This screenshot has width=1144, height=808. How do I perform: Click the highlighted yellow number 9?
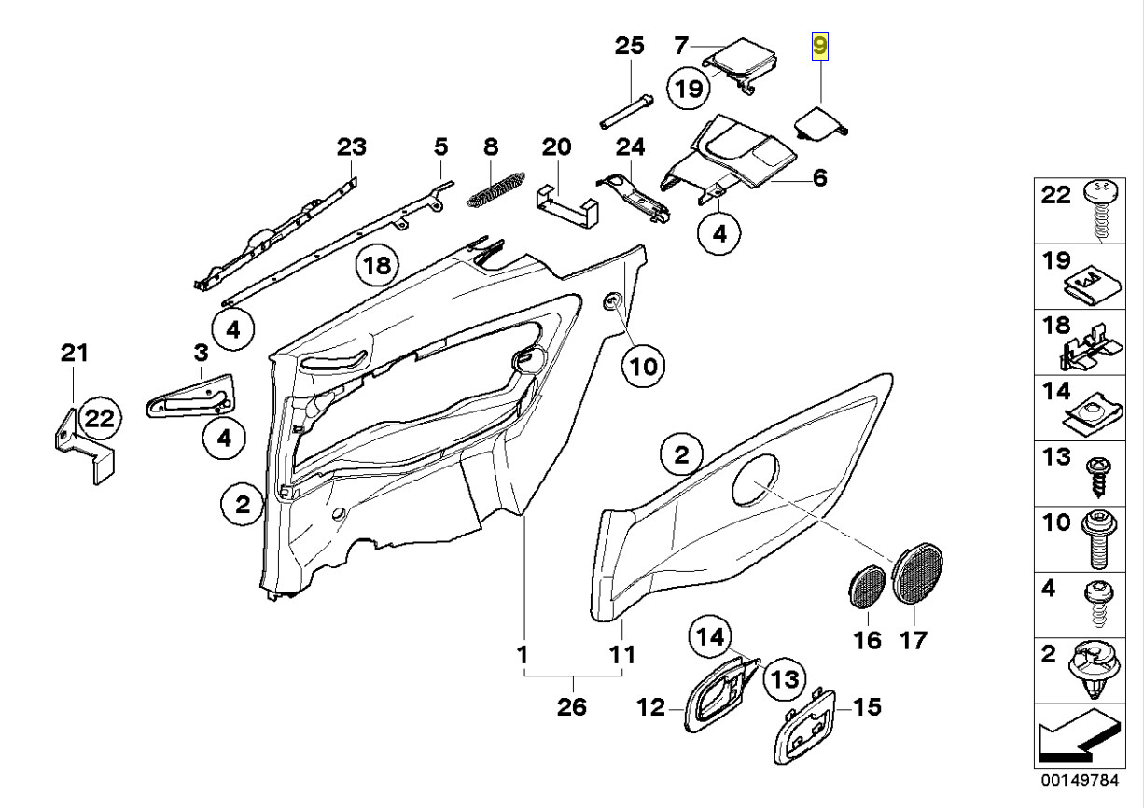point(820,46)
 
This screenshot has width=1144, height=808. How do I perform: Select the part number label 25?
point(629,45)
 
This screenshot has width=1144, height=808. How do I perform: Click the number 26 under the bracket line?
point(571,707)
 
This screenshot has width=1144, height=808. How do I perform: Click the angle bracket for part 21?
point(82,446)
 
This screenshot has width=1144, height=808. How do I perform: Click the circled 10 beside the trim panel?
point(643,366)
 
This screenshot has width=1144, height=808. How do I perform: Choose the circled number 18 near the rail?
point(376,266)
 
